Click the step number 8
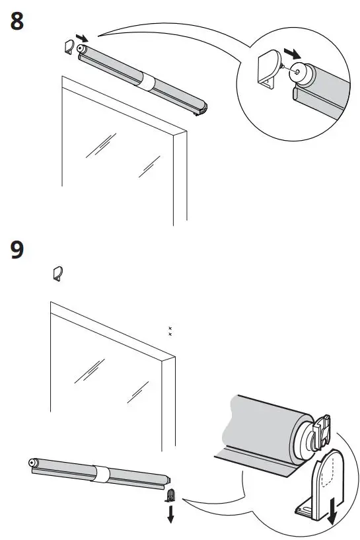click(18, 21)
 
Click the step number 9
click(18, 250)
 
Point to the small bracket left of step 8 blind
click(69, 47)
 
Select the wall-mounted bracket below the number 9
click(57, 273)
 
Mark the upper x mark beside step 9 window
click(170, 328)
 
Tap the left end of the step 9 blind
click(32, 463)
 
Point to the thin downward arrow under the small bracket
click(170, 515)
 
